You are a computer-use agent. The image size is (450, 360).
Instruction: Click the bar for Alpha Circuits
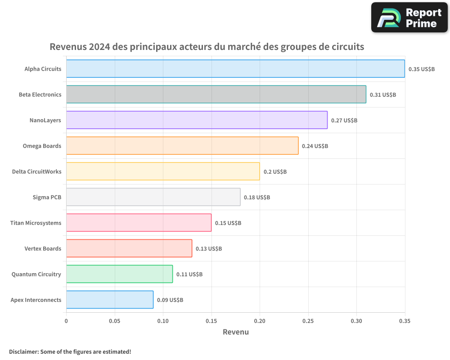(x=235, y=69)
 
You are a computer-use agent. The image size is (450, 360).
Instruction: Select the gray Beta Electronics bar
(x=216, y=94)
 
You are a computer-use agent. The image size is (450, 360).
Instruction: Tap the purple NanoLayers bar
(x=197, y=120)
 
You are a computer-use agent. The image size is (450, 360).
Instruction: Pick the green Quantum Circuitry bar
(x=119, y=274)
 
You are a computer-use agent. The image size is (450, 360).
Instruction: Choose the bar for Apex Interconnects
(x=110, y=300)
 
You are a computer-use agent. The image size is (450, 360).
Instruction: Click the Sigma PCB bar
(x=153, y=197)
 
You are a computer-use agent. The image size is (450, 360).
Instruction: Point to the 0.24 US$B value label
(x=315, y=146)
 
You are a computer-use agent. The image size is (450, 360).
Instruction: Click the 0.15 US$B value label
(x=228, y=223)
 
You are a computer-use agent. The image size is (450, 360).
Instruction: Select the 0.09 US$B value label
(x=170, y=300)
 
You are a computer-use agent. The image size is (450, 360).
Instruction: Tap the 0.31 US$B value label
(x=383, y=95)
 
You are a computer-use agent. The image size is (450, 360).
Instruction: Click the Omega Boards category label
(x=42, y=146)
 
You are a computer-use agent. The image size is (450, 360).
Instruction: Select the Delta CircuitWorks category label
(x=36, y=171)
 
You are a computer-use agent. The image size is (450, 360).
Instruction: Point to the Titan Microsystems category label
(x=36, y=223)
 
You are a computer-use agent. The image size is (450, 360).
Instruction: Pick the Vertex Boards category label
(x=43, y=248)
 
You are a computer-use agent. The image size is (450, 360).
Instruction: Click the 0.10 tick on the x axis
(x=163, y=321)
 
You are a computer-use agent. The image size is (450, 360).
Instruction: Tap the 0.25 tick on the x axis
(x=308, y=321)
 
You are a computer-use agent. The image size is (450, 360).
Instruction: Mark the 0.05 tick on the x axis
(x=115, y=321)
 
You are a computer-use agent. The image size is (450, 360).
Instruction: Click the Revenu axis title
(x=236, y=332)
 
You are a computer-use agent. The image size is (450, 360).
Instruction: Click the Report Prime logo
(x=409, y=18)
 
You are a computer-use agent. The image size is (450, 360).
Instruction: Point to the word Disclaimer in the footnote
(x=23, y=351)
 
